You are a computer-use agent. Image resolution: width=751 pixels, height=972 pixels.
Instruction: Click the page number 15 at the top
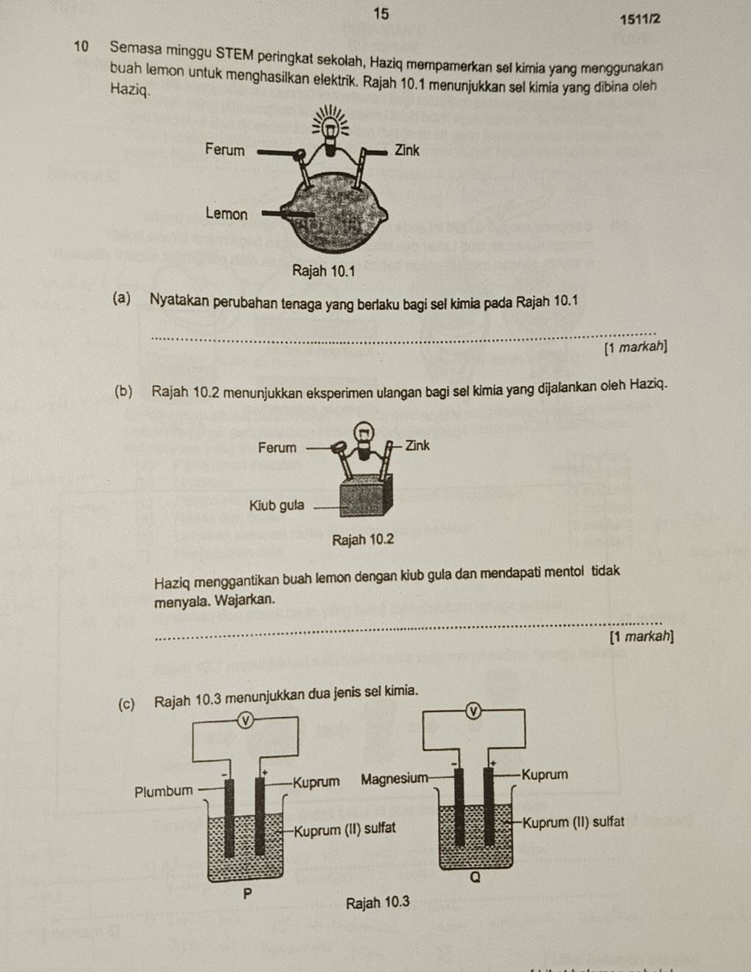click(x=381, y=14)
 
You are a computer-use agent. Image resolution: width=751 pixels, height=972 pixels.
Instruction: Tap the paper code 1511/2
click(x=639, y=19)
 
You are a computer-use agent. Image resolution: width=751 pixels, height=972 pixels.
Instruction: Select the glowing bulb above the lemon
click(x=330, y=131)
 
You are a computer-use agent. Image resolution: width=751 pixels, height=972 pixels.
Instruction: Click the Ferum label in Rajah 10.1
click(x=225, y=149)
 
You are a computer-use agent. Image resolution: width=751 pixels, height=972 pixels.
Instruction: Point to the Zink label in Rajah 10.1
click(x=406, y=151)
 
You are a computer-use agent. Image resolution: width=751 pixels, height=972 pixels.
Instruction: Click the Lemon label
click(x=226, y=213)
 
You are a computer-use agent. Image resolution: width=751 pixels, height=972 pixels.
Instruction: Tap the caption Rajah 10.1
click(x=323, y=270)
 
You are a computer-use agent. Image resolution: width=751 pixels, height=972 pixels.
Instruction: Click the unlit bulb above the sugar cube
click(x=364, y=440)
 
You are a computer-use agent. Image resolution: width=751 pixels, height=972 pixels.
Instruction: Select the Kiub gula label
click(x=276, y=505)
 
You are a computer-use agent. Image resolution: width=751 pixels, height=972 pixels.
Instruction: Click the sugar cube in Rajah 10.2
click(x=366, y=496)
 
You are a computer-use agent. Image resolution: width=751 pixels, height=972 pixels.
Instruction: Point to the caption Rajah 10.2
click(x=363, y=539)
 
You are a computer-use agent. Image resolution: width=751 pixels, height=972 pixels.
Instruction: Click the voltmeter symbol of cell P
click(x=245, y=720)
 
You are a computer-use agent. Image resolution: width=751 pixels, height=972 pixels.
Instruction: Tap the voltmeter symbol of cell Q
click(x=474, y=710)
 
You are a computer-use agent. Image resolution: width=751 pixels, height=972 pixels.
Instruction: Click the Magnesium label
click(x=395, y=779)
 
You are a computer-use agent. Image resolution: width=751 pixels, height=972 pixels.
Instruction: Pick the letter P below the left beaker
click(x=248, y=893)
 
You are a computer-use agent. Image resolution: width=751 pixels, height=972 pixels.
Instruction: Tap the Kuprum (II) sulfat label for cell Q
click(x=573, y=822)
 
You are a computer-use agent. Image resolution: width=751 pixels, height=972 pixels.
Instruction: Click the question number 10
click(x=81, y=46)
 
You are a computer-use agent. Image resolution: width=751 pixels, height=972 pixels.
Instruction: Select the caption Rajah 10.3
click(x=378, y=902)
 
